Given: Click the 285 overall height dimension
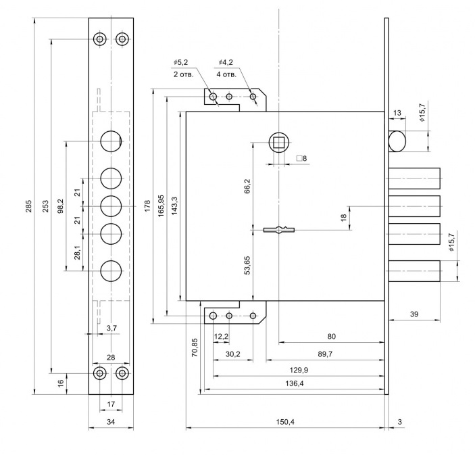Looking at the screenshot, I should [x=28, y=206].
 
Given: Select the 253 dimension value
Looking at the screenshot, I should [x=45, y=206].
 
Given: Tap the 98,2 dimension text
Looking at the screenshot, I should [x=61, y=206].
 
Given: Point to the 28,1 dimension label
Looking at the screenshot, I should [x=77, y=252].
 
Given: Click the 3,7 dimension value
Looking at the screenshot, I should [x=112, y=328].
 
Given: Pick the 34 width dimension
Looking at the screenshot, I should [x=111, y=422].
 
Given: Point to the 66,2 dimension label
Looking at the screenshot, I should [x=247, y=186].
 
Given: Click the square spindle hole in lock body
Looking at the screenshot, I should [x=278, y=142].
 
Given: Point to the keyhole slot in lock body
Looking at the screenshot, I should [x=278, y=231].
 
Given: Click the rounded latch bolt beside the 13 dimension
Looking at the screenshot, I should [x=397, y=141].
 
